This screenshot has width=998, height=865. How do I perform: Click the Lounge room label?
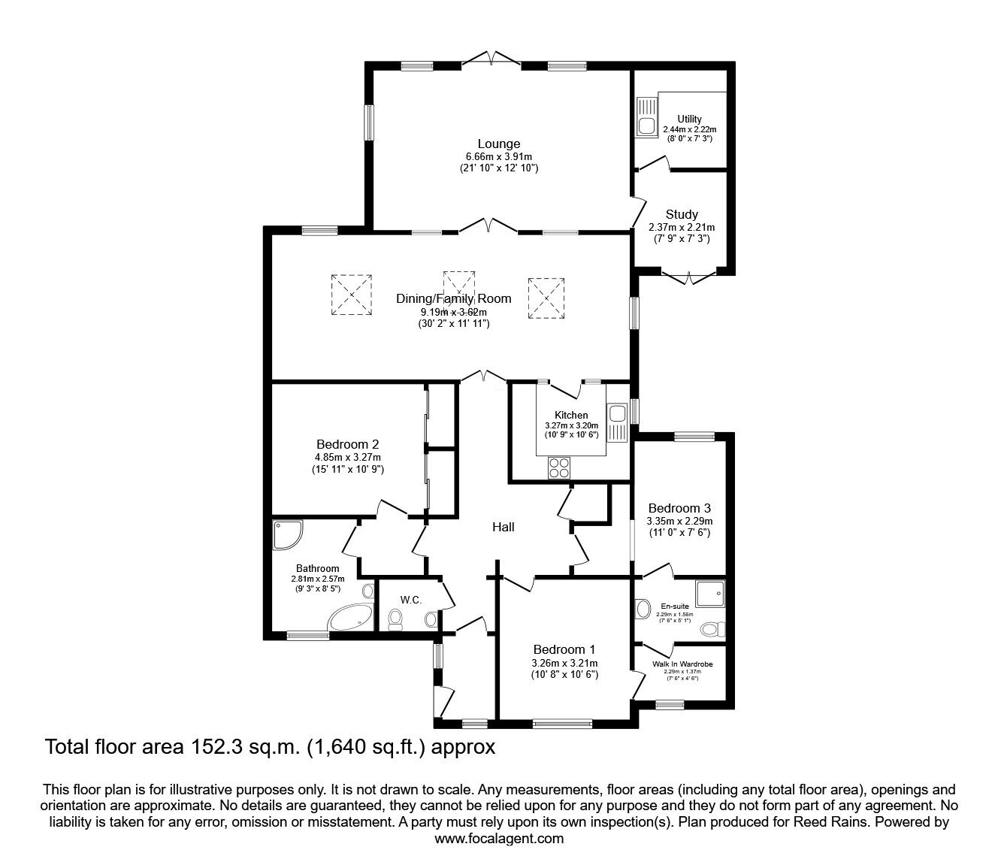tap(498, 144)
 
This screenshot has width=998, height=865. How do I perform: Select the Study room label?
tap(681, 214)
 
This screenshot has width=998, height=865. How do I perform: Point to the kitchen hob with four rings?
tap(559, 467)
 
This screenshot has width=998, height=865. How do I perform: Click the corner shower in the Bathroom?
tap(288, 535)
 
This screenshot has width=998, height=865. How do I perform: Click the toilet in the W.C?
tap(395, 619)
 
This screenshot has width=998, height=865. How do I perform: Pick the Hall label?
tap(503, 527)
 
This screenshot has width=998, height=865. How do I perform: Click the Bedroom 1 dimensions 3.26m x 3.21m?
tap(564, 663)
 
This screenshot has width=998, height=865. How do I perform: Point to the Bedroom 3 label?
tap(679, 508)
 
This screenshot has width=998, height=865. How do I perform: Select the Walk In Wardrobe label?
tap(682, 664)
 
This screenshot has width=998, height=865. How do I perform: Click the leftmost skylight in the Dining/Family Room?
tap(351, 294)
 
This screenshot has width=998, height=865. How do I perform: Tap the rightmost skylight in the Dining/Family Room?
tap(546, 298)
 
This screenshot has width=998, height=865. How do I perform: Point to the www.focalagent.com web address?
tap(499, 838)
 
